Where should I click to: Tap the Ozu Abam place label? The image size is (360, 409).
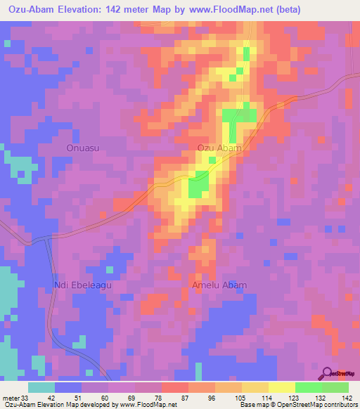pos(219,148)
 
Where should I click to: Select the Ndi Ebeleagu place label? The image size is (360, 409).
pos(83,285)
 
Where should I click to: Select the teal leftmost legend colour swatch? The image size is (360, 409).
pos(41,387)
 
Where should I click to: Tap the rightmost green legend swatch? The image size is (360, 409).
pos(335,387)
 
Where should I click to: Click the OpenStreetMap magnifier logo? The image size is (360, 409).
pos(328,375)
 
